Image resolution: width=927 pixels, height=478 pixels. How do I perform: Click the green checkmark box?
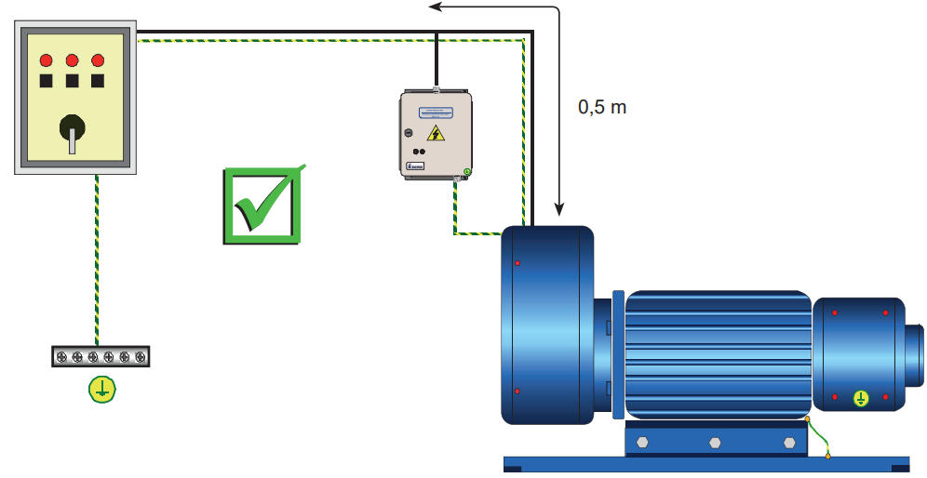[x=262, y=206]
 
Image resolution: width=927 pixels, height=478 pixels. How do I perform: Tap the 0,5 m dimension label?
[x=602, y=107]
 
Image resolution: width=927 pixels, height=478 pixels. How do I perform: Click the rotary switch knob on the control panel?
[x=72, y=129]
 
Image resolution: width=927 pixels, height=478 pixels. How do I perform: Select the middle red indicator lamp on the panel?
[x=72, y=60]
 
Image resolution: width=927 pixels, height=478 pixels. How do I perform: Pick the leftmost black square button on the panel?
[x=46, y=81]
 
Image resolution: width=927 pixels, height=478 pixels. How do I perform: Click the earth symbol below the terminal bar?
[x=101, y=390]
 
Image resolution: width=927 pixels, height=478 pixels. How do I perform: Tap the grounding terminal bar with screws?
[x=101, y=356]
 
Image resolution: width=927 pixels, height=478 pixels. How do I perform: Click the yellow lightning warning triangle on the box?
[x=436, y=133]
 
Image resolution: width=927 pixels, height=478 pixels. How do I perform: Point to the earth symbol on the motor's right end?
[x=862, y=399]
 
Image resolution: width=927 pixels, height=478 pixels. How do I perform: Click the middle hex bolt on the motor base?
[x=715, y=444]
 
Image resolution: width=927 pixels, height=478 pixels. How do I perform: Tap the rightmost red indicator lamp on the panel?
[x=98, y=60]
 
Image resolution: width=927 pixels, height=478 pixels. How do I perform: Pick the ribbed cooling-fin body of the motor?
[x=717, y=353]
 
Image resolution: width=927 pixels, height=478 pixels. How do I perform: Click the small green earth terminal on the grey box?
[x=465, y=172]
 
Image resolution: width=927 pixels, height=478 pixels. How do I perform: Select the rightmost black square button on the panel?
[x=98, y=81]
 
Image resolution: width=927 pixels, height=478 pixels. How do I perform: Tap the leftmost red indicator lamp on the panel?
[x=46, y=60]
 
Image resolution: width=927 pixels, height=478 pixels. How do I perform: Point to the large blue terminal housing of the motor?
[x=547, y=325]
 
